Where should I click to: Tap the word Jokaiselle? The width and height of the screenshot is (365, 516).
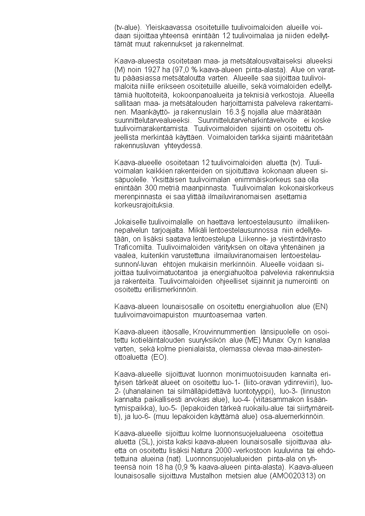(131, 223)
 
